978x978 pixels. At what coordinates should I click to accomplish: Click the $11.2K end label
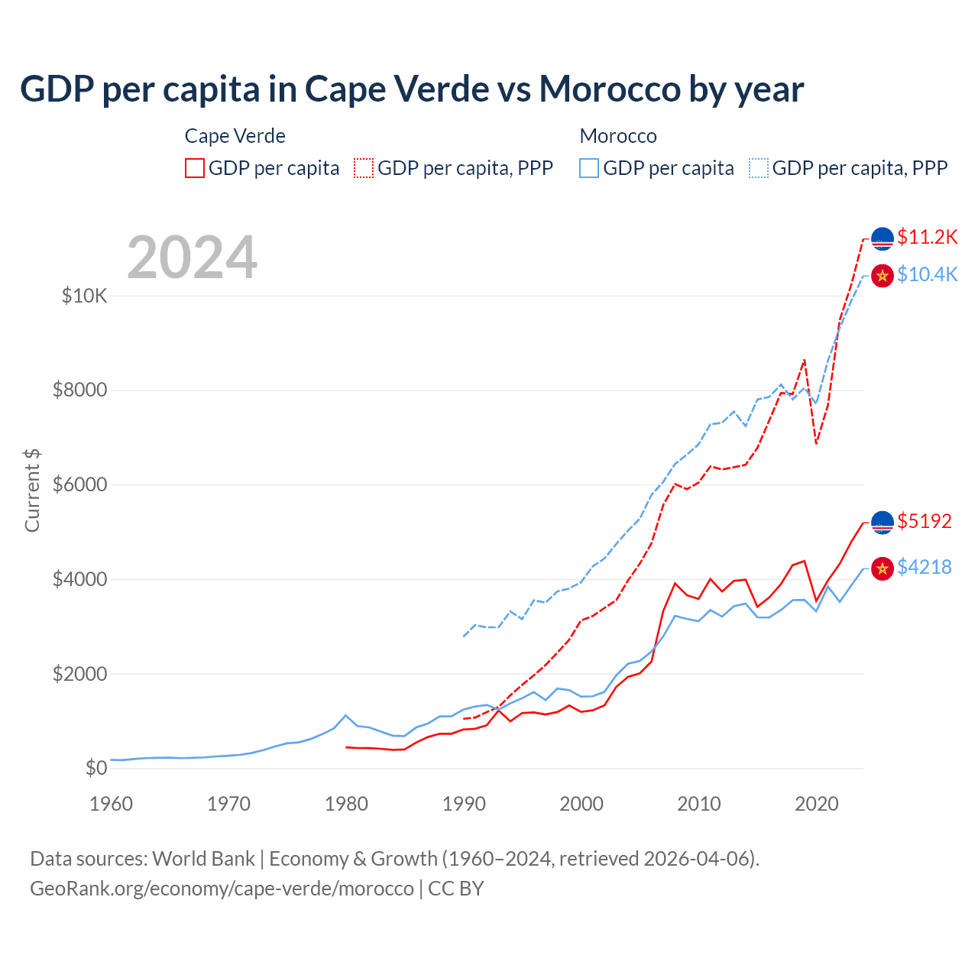click(927, 237)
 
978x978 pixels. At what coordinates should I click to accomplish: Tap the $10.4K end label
click(927, 274)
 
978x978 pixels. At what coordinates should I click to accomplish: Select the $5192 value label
click(924, 521)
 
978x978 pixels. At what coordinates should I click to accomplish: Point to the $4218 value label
click(924, 567)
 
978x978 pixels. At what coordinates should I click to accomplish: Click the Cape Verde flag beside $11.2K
click(882, 238)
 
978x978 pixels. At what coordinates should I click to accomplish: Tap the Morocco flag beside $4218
click(882, 568)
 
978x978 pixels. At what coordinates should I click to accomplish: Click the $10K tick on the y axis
click(85, 296)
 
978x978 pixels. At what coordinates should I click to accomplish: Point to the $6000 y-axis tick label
click(80, 485)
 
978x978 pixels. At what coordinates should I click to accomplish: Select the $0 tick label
click(96, 768)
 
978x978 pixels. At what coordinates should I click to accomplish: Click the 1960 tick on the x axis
click(112, 804)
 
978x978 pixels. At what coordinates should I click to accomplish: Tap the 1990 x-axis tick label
click(464, 804)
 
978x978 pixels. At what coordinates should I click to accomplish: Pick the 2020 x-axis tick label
click(817, 804)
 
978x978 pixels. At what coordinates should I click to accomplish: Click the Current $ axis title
click(32, 491)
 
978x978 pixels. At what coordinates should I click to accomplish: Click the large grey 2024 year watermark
click(193, 257)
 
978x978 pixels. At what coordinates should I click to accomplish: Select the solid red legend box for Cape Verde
click(195, 168)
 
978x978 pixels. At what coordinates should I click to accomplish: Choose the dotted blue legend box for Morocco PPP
click(759, 168)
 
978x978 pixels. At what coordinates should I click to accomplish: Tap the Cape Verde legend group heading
click(235, 136)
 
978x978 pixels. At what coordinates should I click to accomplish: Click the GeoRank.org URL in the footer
click(222, 889)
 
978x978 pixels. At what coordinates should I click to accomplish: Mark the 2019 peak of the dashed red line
click(805, 359)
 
